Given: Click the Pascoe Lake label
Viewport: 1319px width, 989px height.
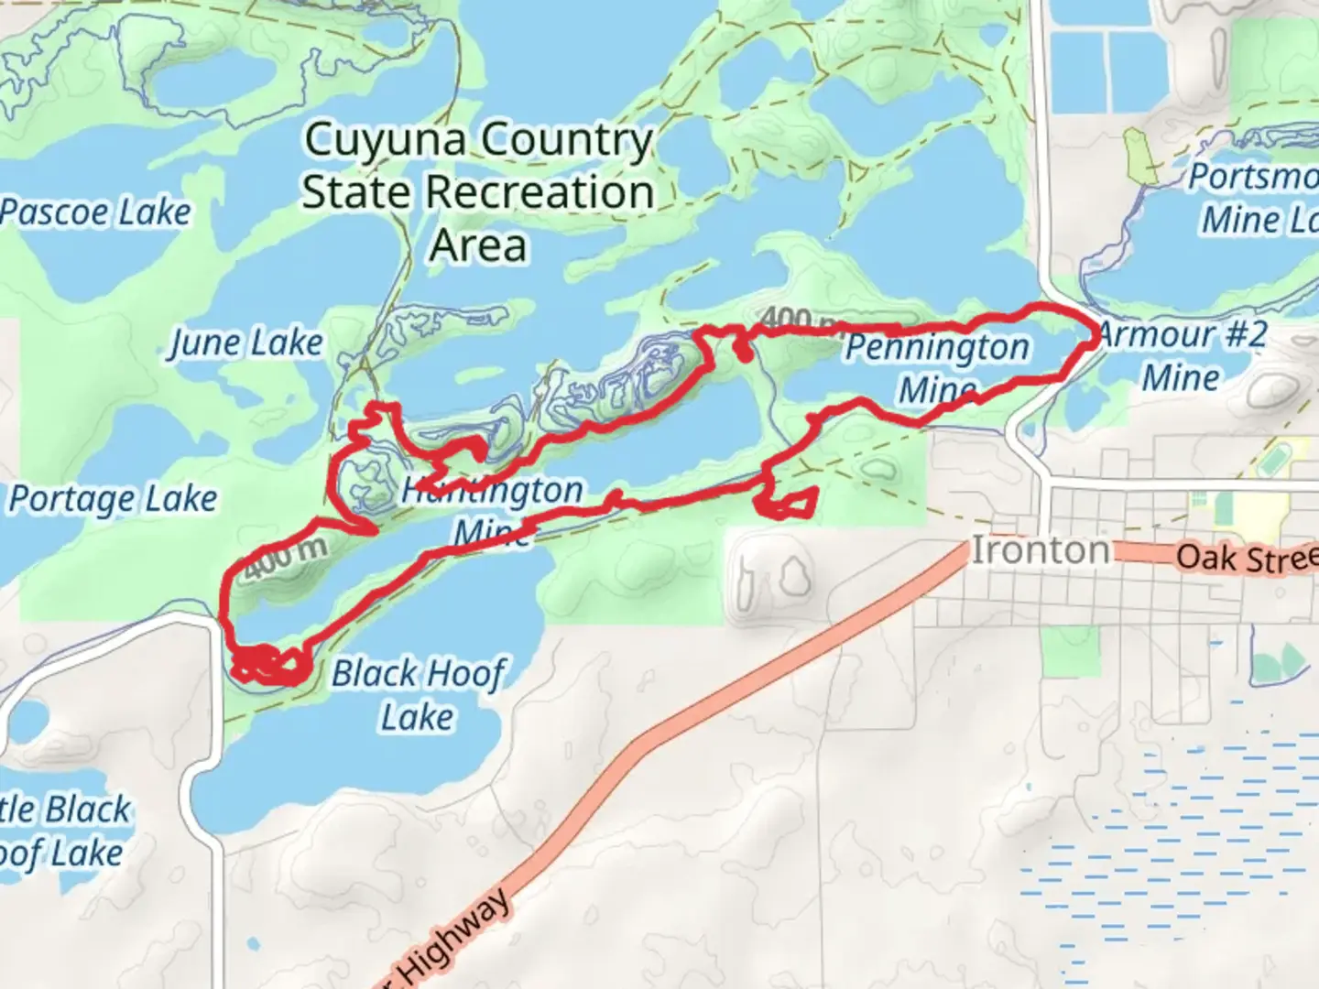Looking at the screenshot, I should tap(95, 212).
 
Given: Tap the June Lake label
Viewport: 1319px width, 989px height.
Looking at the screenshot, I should tap(246, 343).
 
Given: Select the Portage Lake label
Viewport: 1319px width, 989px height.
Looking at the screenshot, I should tap(114, 500).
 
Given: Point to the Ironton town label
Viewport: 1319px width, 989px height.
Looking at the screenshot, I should tap(1040, 550).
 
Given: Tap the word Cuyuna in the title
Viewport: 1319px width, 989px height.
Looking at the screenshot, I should tap(388, 141).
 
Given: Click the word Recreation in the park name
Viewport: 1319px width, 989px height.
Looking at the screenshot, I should tap(540, 193).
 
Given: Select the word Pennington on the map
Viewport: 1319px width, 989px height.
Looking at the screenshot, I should tap(936, 348).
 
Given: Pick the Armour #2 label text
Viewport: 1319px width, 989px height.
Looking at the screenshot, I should tap(1182, 335).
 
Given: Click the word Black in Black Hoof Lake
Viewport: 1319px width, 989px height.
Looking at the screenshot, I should tap(374, 674).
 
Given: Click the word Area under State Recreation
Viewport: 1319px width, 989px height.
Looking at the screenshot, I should tap(478, 245).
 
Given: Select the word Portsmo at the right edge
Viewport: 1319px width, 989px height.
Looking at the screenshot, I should tap(1253, 177).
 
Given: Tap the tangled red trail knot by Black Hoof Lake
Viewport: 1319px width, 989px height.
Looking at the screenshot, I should tap(266, 665).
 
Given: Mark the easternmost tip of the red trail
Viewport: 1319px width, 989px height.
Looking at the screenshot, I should tap(1097, 337).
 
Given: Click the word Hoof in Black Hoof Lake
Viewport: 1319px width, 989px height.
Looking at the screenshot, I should tap(463, 674).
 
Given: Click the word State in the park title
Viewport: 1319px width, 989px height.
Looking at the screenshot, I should tap(358, 193).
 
